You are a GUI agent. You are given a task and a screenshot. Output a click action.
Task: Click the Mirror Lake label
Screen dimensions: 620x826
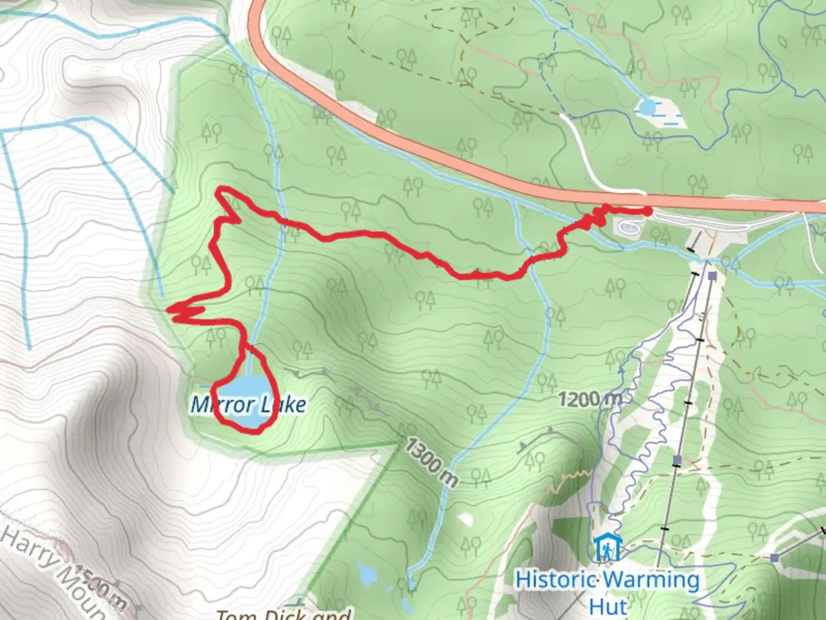248,405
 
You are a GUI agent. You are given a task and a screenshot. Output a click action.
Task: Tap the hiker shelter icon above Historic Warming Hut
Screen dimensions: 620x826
606,548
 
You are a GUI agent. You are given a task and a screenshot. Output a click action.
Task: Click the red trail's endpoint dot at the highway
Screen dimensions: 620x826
648,212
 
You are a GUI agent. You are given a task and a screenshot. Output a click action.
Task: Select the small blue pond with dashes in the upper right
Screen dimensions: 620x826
647,107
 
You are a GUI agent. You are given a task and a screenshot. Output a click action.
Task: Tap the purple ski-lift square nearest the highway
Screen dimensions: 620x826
712,277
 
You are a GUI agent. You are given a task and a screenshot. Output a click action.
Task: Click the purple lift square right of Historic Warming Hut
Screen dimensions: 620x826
774,557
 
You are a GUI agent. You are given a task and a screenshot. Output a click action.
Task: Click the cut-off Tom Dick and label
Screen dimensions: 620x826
284,614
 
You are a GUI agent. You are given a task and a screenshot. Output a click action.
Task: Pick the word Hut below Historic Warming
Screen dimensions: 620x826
608,606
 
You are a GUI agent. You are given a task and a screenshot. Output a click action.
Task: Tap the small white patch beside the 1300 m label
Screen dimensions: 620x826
466,518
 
